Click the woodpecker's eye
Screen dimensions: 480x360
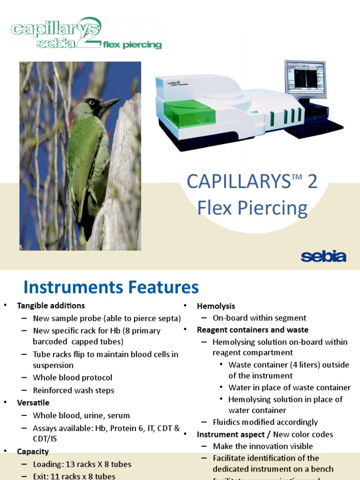click(92, 102)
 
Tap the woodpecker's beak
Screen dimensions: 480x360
click(111, 104)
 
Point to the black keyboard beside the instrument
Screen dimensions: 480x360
click(314, 128)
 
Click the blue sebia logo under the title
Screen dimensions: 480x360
click(323, 257)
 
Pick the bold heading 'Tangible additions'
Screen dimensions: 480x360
click(51, 306)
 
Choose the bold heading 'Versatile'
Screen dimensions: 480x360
click(33, 403)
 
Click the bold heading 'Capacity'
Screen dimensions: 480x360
click(33, 451)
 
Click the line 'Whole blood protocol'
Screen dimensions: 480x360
click(72, 377)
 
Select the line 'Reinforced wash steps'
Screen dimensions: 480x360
click(73, 390)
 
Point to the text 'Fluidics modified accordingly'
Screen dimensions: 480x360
click(265, 422)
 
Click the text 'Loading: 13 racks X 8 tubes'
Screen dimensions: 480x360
click(82, 464)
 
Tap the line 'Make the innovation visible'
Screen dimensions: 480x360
click(262, 446)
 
